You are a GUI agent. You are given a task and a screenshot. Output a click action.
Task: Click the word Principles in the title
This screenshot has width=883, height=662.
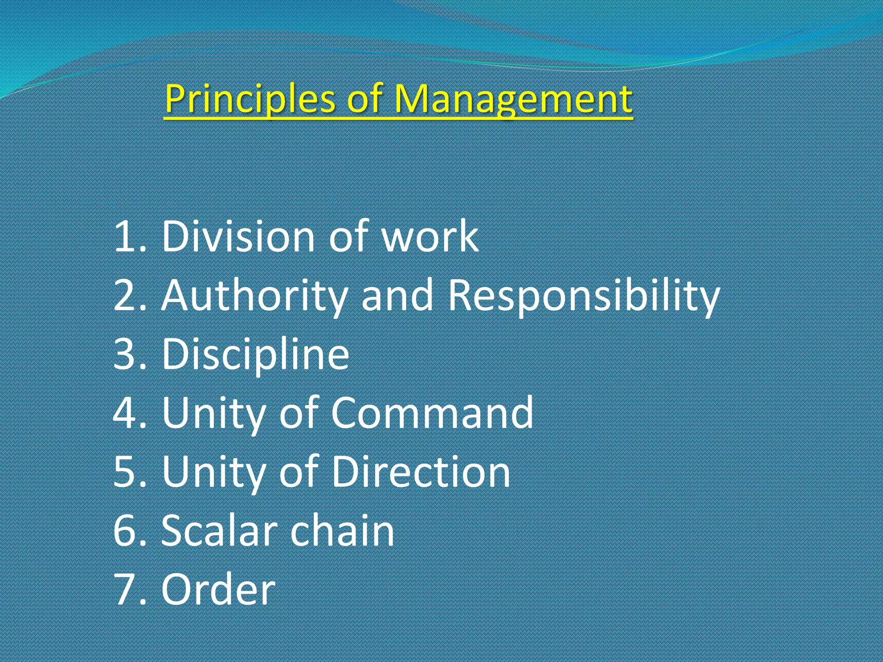[x=250, y=99]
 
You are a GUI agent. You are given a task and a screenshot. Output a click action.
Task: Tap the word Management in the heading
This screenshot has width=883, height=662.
[x=513, y=99]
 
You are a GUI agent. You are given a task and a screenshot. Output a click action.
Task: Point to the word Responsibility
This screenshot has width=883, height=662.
[x=584, y=297]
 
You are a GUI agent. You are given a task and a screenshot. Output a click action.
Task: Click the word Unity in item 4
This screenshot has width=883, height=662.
[x=213, y=414]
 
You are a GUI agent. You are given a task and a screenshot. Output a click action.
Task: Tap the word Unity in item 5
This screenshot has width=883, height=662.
[x=213, y=472]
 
